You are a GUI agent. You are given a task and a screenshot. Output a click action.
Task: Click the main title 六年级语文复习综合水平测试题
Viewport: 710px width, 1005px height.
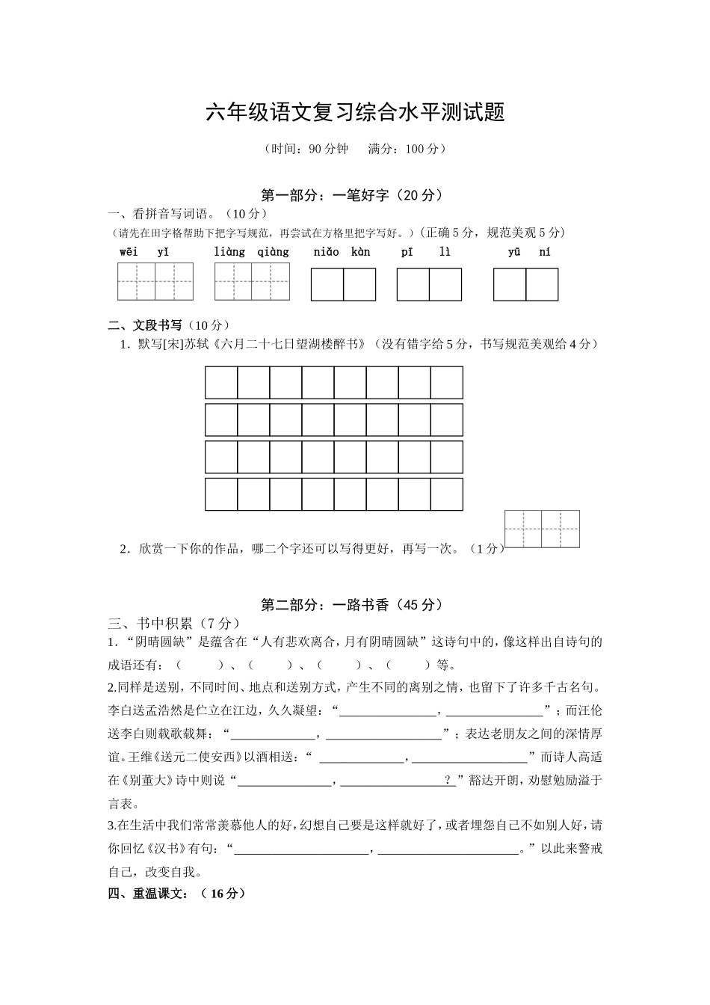click(355, 113)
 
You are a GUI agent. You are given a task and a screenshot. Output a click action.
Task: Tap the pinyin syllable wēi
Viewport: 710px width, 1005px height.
click(129, 252)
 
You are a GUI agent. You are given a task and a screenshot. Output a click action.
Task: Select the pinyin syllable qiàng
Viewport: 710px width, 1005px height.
click(273, 252)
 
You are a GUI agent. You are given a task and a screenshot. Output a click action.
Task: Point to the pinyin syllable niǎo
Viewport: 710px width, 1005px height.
click(326, 252)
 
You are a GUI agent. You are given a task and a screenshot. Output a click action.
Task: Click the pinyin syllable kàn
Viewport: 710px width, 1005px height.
click(360, 252)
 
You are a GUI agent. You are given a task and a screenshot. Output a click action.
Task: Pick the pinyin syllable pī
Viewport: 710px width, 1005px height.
click(407, 252)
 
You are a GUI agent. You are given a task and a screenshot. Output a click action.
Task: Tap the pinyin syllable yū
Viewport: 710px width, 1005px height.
click(514, 252)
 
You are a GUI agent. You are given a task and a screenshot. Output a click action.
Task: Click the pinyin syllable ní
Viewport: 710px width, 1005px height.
click(544, 252)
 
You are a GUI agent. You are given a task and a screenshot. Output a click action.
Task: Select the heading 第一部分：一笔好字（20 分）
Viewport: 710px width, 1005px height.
click(354, 196)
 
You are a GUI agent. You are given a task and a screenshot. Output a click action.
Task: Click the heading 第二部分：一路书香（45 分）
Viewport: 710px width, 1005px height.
click(354, 605)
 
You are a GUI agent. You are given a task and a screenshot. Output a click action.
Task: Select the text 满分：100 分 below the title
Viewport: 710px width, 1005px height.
click(407, 149)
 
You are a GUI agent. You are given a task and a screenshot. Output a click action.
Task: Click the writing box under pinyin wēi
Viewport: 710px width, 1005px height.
click(137, 281)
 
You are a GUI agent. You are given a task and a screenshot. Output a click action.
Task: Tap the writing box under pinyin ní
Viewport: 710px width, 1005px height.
click(542, 285)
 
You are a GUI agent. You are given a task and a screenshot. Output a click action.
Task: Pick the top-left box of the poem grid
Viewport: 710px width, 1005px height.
click(221, 383)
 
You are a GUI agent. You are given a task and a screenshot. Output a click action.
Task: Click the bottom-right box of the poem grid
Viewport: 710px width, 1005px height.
click(447, 494)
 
